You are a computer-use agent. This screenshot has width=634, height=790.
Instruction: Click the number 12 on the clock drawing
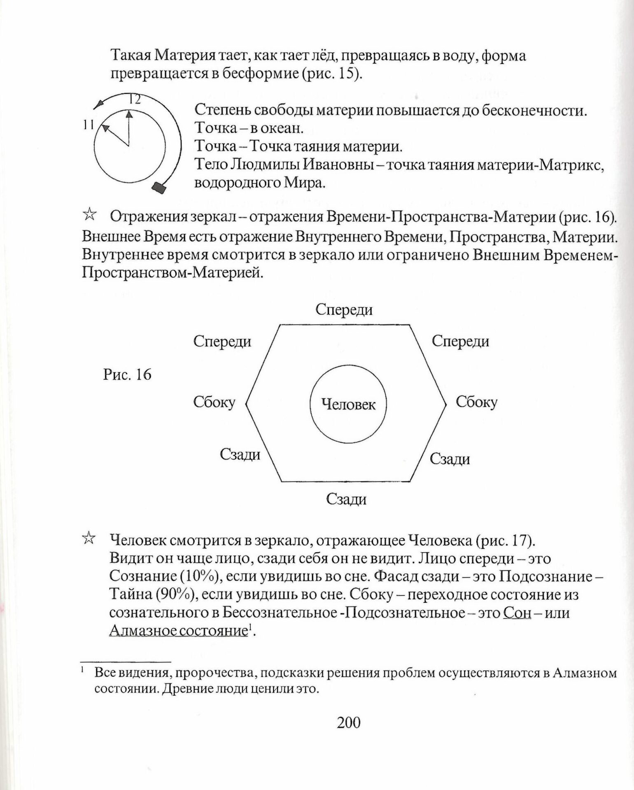(135, 100)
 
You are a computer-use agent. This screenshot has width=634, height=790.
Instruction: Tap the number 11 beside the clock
(88, 125)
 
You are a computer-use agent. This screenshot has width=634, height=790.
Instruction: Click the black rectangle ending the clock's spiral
(159, 188)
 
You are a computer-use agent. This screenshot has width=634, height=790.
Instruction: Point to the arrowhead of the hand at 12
(129, 114)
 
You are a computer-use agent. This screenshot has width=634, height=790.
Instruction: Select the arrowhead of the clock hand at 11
(105, 128)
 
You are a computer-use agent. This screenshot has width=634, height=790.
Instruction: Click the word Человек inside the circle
(348, 404)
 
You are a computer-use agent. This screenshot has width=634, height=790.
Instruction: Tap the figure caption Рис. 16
(127, 375)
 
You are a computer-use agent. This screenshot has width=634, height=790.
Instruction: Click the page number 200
(349, 723)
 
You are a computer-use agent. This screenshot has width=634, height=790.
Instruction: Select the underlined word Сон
(517, 613)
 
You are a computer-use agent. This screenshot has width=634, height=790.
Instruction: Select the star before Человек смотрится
(89, 538)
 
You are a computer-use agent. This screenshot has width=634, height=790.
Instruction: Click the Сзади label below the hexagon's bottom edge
(346, 499)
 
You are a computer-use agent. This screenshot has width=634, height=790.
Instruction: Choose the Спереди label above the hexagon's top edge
(344, 309)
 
